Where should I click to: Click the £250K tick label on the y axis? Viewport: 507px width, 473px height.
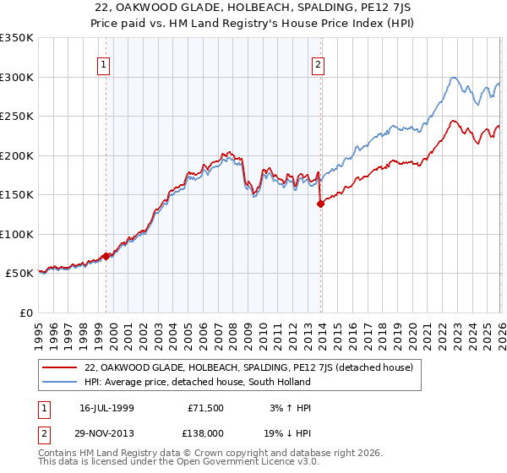17,116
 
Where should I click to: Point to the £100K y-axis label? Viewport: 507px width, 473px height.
17,234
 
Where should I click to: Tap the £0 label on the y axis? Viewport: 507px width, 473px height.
25,313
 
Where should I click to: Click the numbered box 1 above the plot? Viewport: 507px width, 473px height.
103,63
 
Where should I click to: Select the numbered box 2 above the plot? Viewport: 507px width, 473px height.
319,63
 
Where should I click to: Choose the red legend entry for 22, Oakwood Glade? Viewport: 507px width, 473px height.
248,367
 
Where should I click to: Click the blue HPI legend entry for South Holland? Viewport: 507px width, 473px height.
198,382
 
